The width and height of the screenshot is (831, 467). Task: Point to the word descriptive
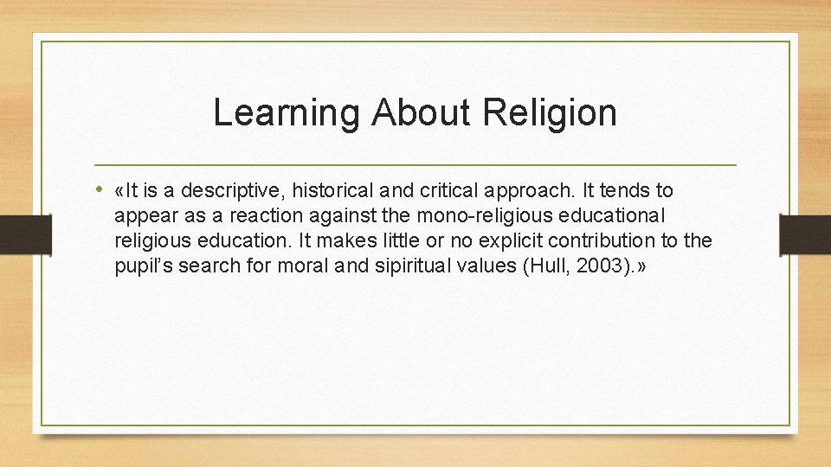pos(236,190)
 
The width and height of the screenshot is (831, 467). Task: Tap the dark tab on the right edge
pos(805,233)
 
